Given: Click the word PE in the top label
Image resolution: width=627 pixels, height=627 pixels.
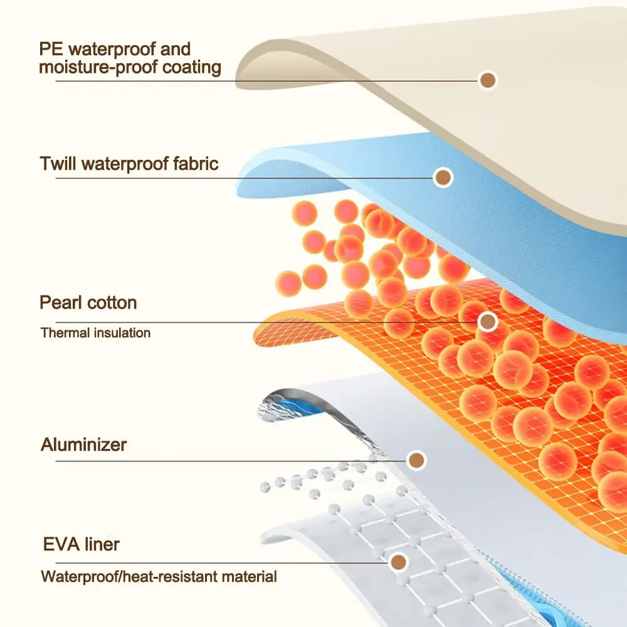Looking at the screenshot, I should click(52, 48).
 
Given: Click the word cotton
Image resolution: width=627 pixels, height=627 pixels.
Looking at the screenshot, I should click(112, 303).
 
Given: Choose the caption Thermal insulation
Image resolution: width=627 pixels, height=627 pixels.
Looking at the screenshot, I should click(95, 333).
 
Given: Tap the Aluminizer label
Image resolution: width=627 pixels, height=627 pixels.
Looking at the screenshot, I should click(83, 445).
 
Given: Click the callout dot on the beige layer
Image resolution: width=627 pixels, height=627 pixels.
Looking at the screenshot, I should click(488, 80).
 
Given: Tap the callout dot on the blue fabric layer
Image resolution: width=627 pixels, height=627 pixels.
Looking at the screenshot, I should click(443, 177).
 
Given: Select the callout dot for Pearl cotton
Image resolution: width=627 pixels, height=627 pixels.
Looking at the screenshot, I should click(487, 322).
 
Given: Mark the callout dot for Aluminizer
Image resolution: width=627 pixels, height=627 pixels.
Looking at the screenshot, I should click(416, 461).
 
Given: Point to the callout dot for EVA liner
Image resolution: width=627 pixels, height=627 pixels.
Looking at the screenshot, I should click(398, 562).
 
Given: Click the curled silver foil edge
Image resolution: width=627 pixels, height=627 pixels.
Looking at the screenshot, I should click(276, 401).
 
